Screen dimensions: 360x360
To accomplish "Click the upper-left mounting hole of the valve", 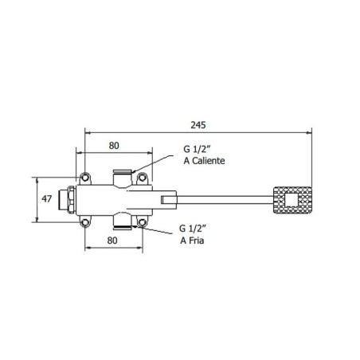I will point(84,176).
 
